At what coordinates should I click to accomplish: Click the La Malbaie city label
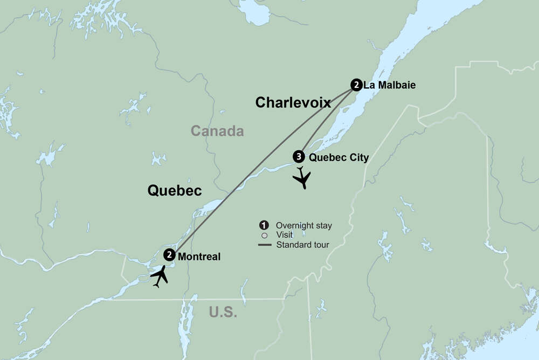click(x=389, y=85)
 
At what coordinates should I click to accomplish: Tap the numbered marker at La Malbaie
click(x=356, y=85)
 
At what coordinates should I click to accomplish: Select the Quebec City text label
click(x=338, y=157)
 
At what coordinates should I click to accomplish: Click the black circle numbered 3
click(x=298, y=157)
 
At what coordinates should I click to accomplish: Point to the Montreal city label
click(x=199, y=257)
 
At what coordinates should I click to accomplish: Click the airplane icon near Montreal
click(x=160, y=276)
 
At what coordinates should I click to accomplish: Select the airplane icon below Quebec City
click(x=302, y=178)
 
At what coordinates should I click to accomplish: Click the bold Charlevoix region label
click(x=293, y=102)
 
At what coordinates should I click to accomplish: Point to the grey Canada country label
click(x=217, y=131)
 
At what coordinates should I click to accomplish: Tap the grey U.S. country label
click(x=223, y=312)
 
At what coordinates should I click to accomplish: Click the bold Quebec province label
click(x=174, y=190)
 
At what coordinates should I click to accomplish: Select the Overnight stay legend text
click(x=303, y=225)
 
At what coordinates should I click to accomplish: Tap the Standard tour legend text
click(x=302, y=245)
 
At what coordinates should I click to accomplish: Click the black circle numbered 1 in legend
click(x=264, y=225)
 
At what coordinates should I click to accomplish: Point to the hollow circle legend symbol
click(x=264, y=235)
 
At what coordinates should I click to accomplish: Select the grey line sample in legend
click(x=264, y=245)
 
